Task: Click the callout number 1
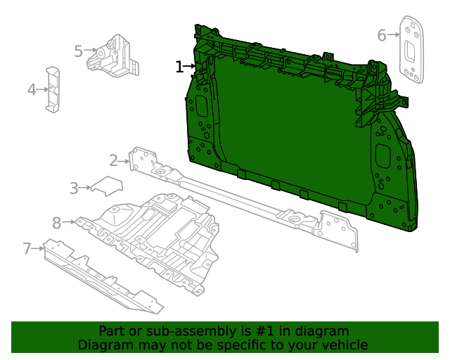[x=179, y=67]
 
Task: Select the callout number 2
[x=113, y=161]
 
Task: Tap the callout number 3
[x=74, y=188]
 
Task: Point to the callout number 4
[x=32, y=89]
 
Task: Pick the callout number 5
[x=78, y=51]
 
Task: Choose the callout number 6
[x=382, y=34]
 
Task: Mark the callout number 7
[x=27, y=248]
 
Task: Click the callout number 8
[x=57, y=223]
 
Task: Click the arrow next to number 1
[x=191, y=67]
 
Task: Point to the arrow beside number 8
[x=69, y=222]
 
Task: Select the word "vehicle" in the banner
[x=342, y=345]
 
